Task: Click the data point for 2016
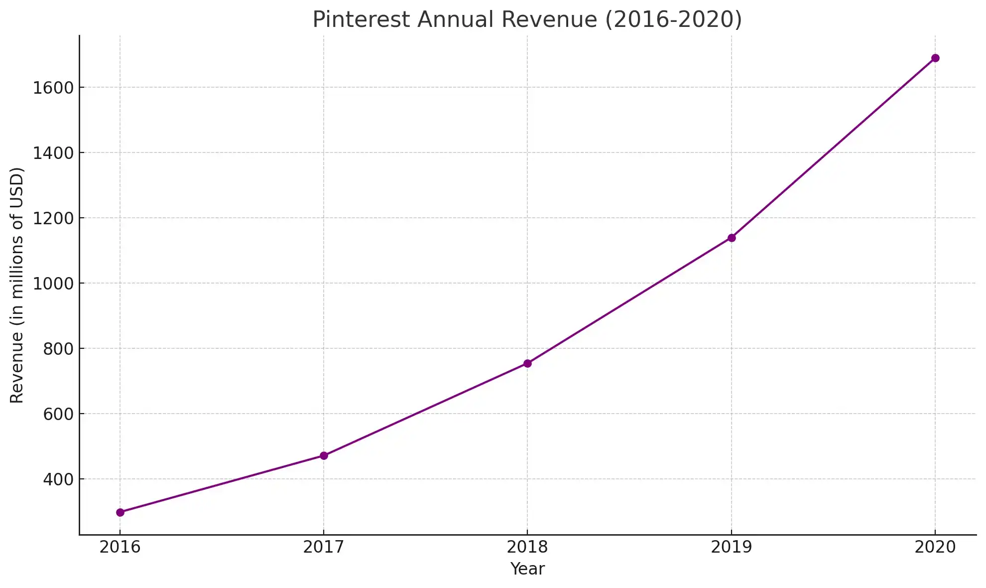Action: point(120,512)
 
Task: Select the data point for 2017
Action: point(324,455)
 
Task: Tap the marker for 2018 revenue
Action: point(527,363)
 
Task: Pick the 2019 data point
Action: point(732,238)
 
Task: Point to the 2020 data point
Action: point(935,58)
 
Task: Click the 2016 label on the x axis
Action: point(120,547)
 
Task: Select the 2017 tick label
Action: point(324,547)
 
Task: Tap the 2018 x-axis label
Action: point(527,547)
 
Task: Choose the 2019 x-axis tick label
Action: point(732,547)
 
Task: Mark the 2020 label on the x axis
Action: point(935,547)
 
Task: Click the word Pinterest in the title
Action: point(361,20)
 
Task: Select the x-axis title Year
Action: point(527,569)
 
